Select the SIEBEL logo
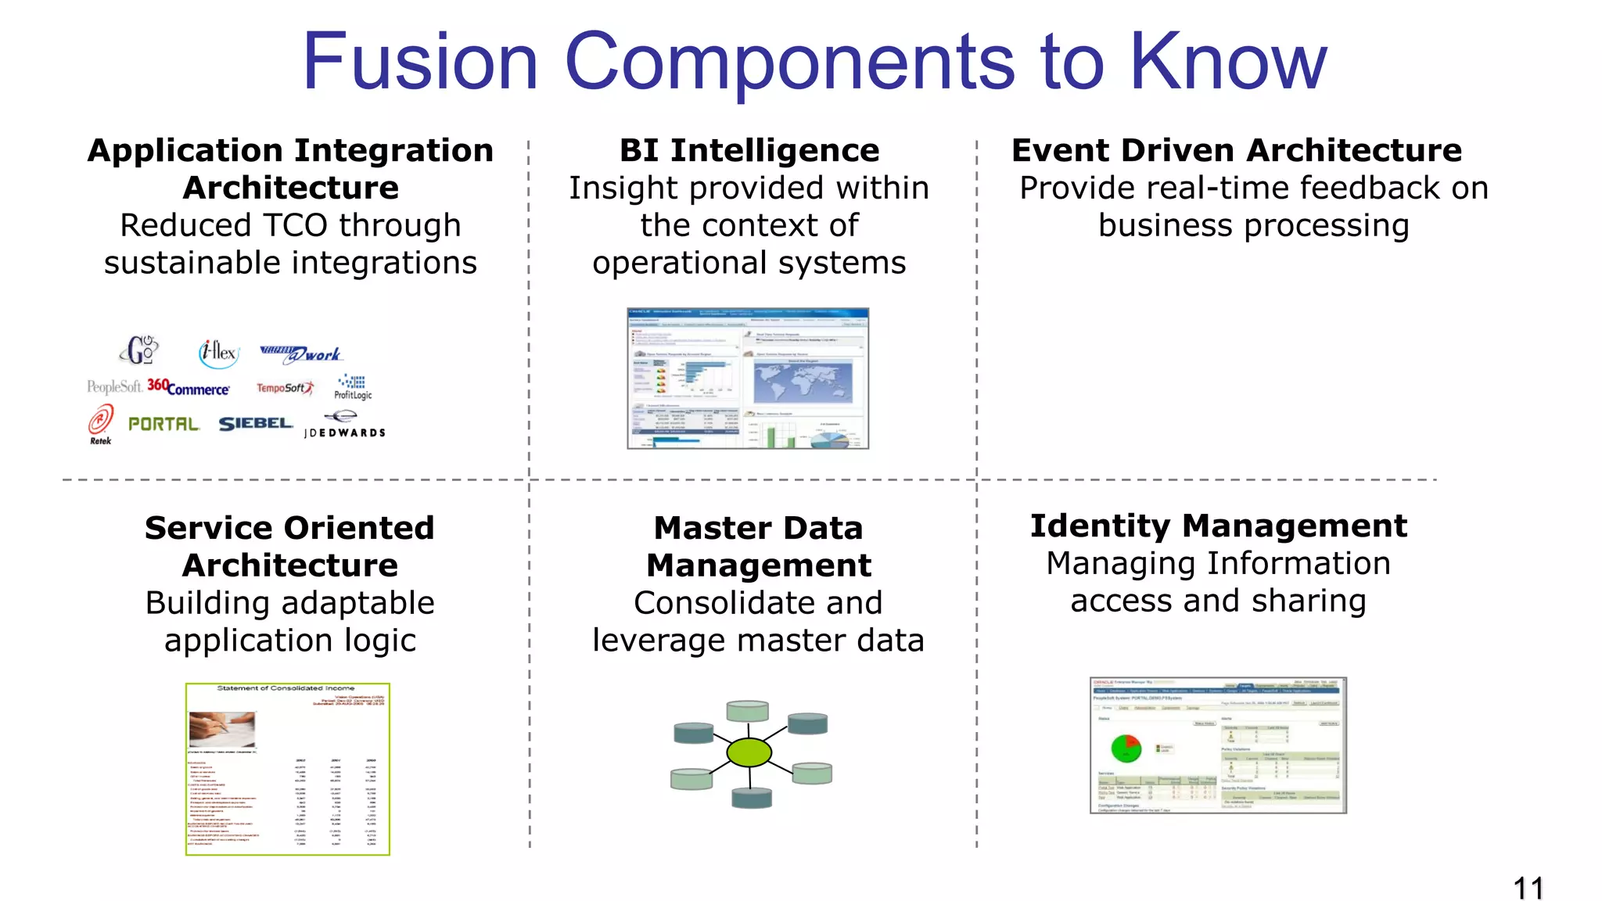[255, 424]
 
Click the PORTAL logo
[163, 424]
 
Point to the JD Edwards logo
[344, 425]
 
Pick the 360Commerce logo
[189, 388]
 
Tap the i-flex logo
[218, 353]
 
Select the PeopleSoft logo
[114, 386]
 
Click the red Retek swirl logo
[101, 421]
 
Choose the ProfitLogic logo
[354, 386]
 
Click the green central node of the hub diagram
[749, 752]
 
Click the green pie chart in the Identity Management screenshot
[1126, 748]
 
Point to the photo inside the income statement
[222, 729]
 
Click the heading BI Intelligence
[749, 150]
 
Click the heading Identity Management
[1218, 526]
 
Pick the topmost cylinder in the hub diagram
[747, 710]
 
